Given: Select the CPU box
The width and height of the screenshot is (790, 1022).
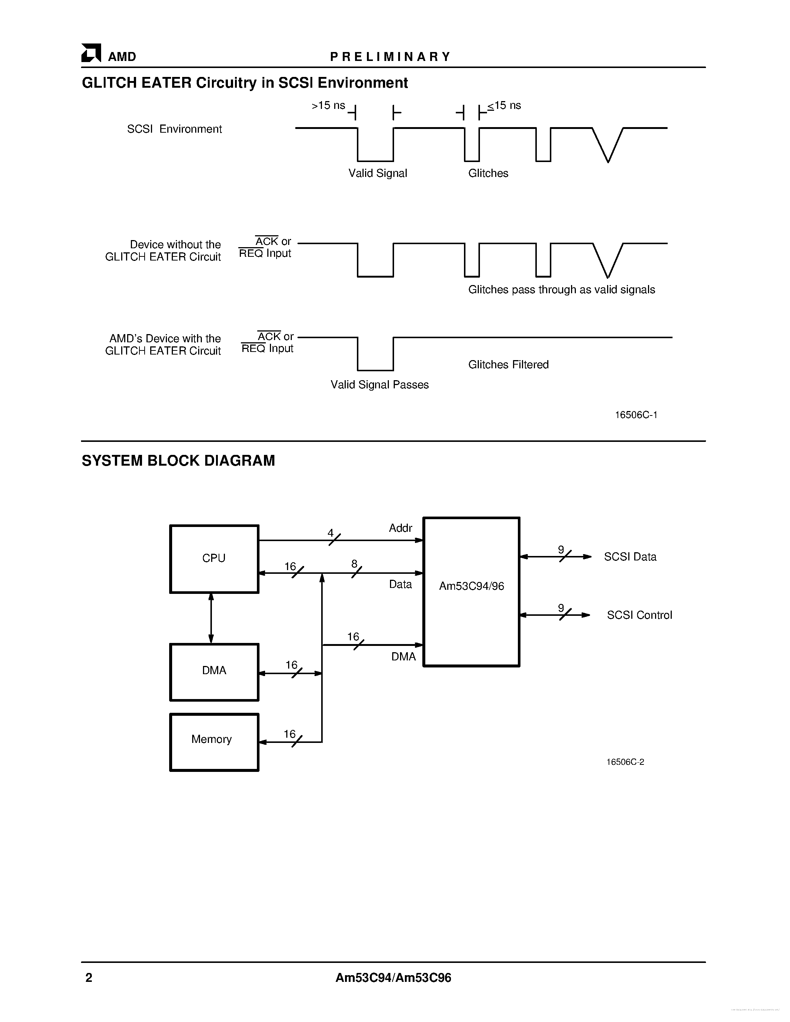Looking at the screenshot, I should click(x=214, y=559).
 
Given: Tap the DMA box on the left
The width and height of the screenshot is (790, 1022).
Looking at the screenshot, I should click(x=214, y=672).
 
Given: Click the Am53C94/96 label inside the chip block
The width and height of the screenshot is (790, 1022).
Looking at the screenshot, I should click(x=471, y=586).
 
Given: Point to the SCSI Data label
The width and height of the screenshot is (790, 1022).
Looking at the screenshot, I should click(x=630, y=557).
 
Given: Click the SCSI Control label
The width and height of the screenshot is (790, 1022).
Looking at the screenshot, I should click(x=639, y=615).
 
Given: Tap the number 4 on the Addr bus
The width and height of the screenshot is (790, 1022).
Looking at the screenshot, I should click(x=330, y=533).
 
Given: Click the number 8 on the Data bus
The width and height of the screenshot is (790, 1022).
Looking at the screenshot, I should click(x=354, y=564).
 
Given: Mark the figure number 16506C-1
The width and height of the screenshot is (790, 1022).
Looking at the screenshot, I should click(x=636, y=415).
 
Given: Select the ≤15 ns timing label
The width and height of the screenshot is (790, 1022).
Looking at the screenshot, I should click(x=504, y=106).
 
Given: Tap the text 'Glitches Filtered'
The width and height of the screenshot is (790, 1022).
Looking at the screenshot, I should click(x=508, y=365).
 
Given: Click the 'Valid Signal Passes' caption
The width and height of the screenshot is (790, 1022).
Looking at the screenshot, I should click(x=380, y=385).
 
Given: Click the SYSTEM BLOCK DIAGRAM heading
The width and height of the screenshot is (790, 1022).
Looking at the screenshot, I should click(x=178, y=461).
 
